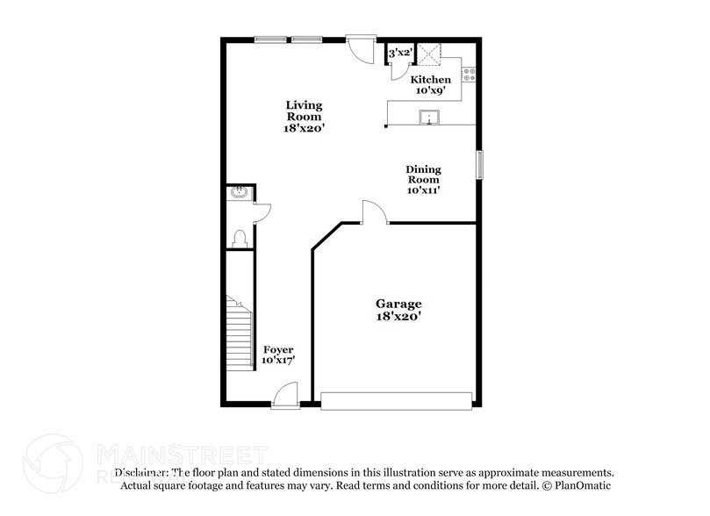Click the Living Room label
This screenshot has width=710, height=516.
(304, 117)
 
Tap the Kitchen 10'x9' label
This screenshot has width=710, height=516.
(432, 85)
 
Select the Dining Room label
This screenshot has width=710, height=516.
(422, 179)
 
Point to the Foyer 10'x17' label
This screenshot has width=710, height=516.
(278, 355)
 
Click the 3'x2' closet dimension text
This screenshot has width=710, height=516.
(400, 54)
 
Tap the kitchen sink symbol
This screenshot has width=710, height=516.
(430, 118)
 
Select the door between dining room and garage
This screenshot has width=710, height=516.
(373, 213)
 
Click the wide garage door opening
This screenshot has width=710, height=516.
(397, 400)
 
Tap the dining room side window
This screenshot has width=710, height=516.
(479, 165)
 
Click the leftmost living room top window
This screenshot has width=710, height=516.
(270, 39)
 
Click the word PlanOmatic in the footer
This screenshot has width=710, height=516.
(582, 485)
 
